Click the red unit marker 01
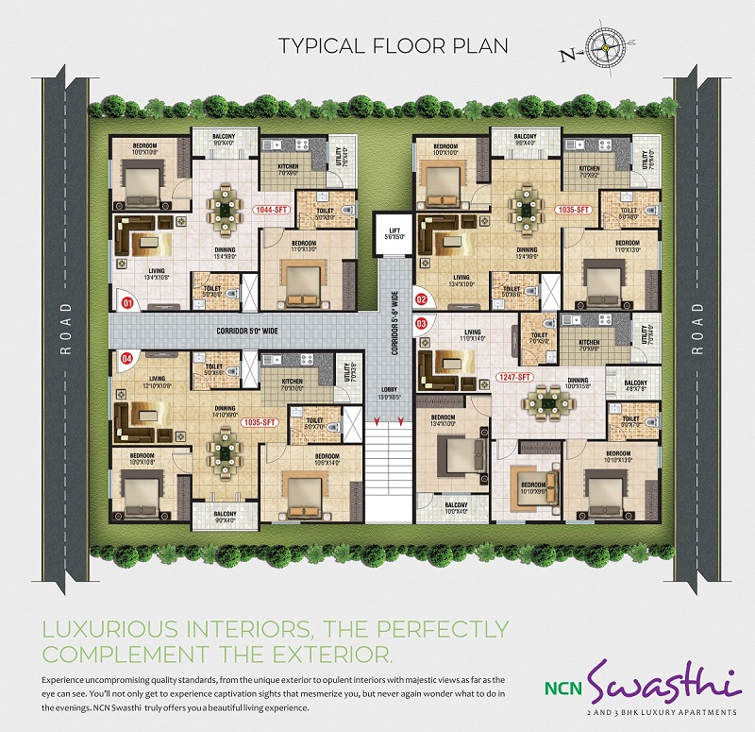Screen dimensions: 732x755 [127, 303]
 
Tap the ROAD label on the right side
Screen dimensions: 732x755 [697, 329]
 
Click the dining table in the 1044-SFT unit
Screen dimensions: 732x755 [225, 205]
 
